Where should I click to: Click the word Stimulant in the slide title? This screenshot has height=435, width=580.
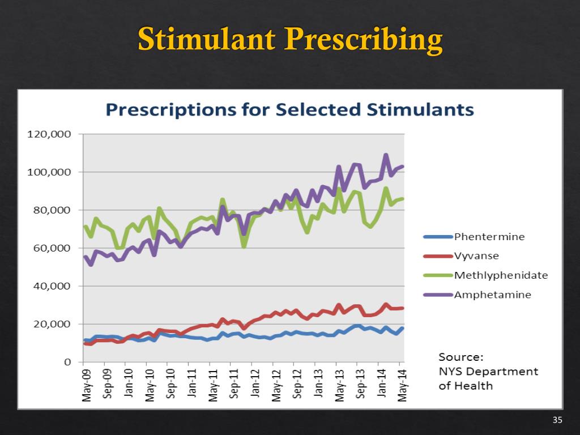pyautogui.click(x=206, y=39)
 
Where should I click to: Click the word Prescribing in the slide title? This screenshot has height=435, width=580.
pyautogui.click(x=363, y=40)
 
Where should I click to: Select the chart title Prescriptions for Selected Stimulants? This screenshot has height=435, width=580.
pyautogui.click(x=289, y=109)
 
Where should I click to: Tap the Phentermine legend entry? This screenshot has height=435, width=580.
pyautogui.click(x=474, y=237)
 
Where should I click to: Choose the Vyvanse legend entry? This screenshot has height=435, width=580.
pyautogui.click(x=461, y=256)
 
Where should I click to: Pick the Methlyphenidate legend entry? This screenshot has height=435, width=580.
pyautogui.click(x=485, y=275)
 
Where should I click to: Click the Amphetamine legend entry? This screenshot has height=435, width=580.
pyautogui.click(x=477, y=295)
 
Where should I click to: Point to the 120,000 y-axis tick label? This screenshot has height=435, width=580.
pyautogui.click(x=49, y=134)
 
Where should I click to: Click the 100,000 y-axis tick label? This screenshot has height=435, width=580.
pyautogui.click(x=49, y=172)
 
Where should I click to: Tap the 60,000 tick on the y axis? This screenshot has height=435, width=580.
pyautogui.click(x=52, y=248)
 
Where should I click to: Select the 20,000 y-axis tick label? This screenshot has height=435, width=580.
pyautogui.click(x=52, y=324)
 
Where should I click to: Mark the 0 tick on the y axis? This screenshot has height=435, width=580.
pyautogui.click(x=67, y=362)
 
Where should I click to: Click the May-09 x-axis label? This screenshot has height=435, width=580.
pyautogui.click(x=86, y=385)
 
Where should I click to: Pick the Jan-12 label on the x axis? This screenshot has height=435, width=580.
pyautogui.click(x=255, y=383)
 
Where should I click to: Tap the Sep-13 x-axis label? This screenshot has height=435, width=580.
pyautogui.click(x=360, y=383)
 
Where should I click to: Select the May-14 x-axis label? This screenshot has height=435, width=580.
pyautogui.click(x=403, y=385)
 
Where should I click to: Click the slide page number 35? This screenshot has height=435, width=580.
pyautogui.click(x=557, y=420)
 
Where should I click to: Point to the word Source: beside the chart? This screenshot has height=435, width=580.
pyautogui.click(x=461, y=357)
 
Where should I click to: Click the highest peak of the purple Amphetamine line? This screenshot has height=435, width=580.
pyautogui.click(x=386, y=155)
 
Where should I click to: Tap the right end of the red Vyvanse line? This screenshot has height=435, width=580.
pyautogui.click(x=403, y=308)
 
